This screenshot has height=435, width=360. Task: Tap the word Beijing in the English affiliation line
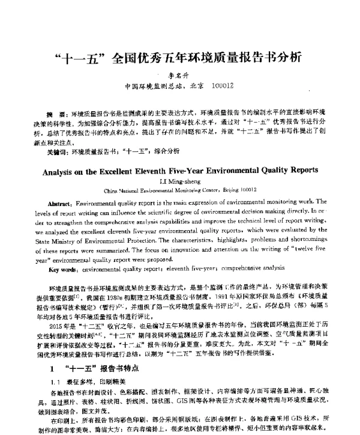coord(229,188)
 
